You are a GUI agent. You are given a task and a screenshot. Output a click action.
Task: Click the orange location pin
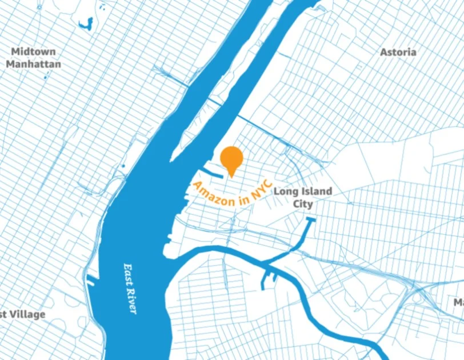pos(231,158)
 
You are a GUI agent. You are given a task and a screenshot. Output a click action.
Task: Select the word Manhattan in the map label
pos(33,64)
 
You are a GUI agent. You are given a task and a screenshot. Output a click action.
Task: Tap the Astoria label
pos(398,52)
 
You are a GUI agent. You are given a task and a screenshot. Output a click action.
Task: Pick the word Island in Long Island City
pos(316,191)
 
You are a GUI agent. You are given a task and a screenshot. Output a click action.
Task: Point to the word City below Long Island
pos(303,204)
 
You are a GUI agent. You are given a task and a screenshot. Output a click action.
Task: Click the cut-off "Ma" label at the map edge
pos(458,301)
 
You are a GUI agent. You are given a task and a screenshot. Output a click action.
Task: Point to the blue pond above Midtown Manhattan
pos(87,24)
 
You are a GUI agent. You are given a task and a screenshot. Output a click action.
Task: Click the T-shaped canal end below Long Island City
pos(311,219)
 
